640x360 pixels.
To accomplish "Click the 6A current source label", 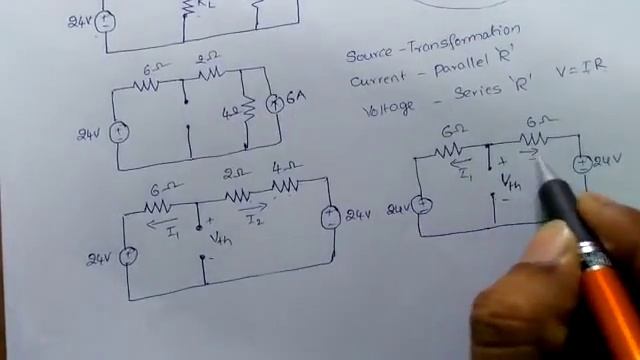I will [296, 100].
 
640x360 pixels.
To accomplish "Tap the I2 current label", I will [254, 219].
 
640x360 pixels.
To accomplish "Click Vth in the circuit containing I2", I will [221, 237].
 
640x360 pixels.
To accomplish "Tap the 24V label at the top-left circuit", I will [81, 19].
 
